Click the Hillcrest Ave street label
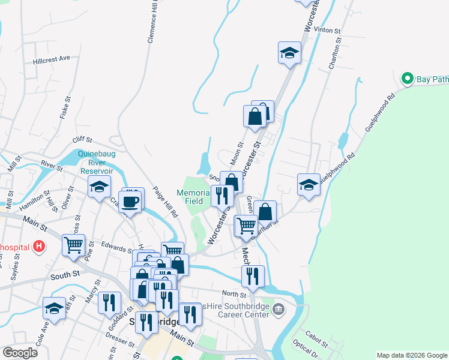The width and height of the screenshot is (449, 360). click(x=52, y=58)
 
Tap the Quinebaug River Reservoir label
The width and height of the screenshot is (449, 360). click(x=95, y=161)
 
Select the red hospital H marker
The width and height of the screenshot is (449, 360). click(x=39, y=246)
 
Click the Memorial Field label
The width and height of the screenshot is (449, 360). click(x=193, y=197)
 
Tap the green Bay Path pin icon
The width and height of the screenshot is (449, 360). click(x=407, y=79)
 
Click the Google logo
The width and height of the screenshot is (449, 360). click(x=20, y=352)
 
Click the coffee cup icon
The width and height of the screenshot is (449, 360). click(x=130, y=201)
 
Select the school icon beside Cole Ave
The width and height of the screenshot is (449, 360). click(x=55, y=308)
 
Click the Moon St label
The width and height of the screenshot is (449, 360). click(x=236, y=154)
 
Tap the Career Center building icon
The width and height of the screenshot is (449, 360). click(x=278, y=309)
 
